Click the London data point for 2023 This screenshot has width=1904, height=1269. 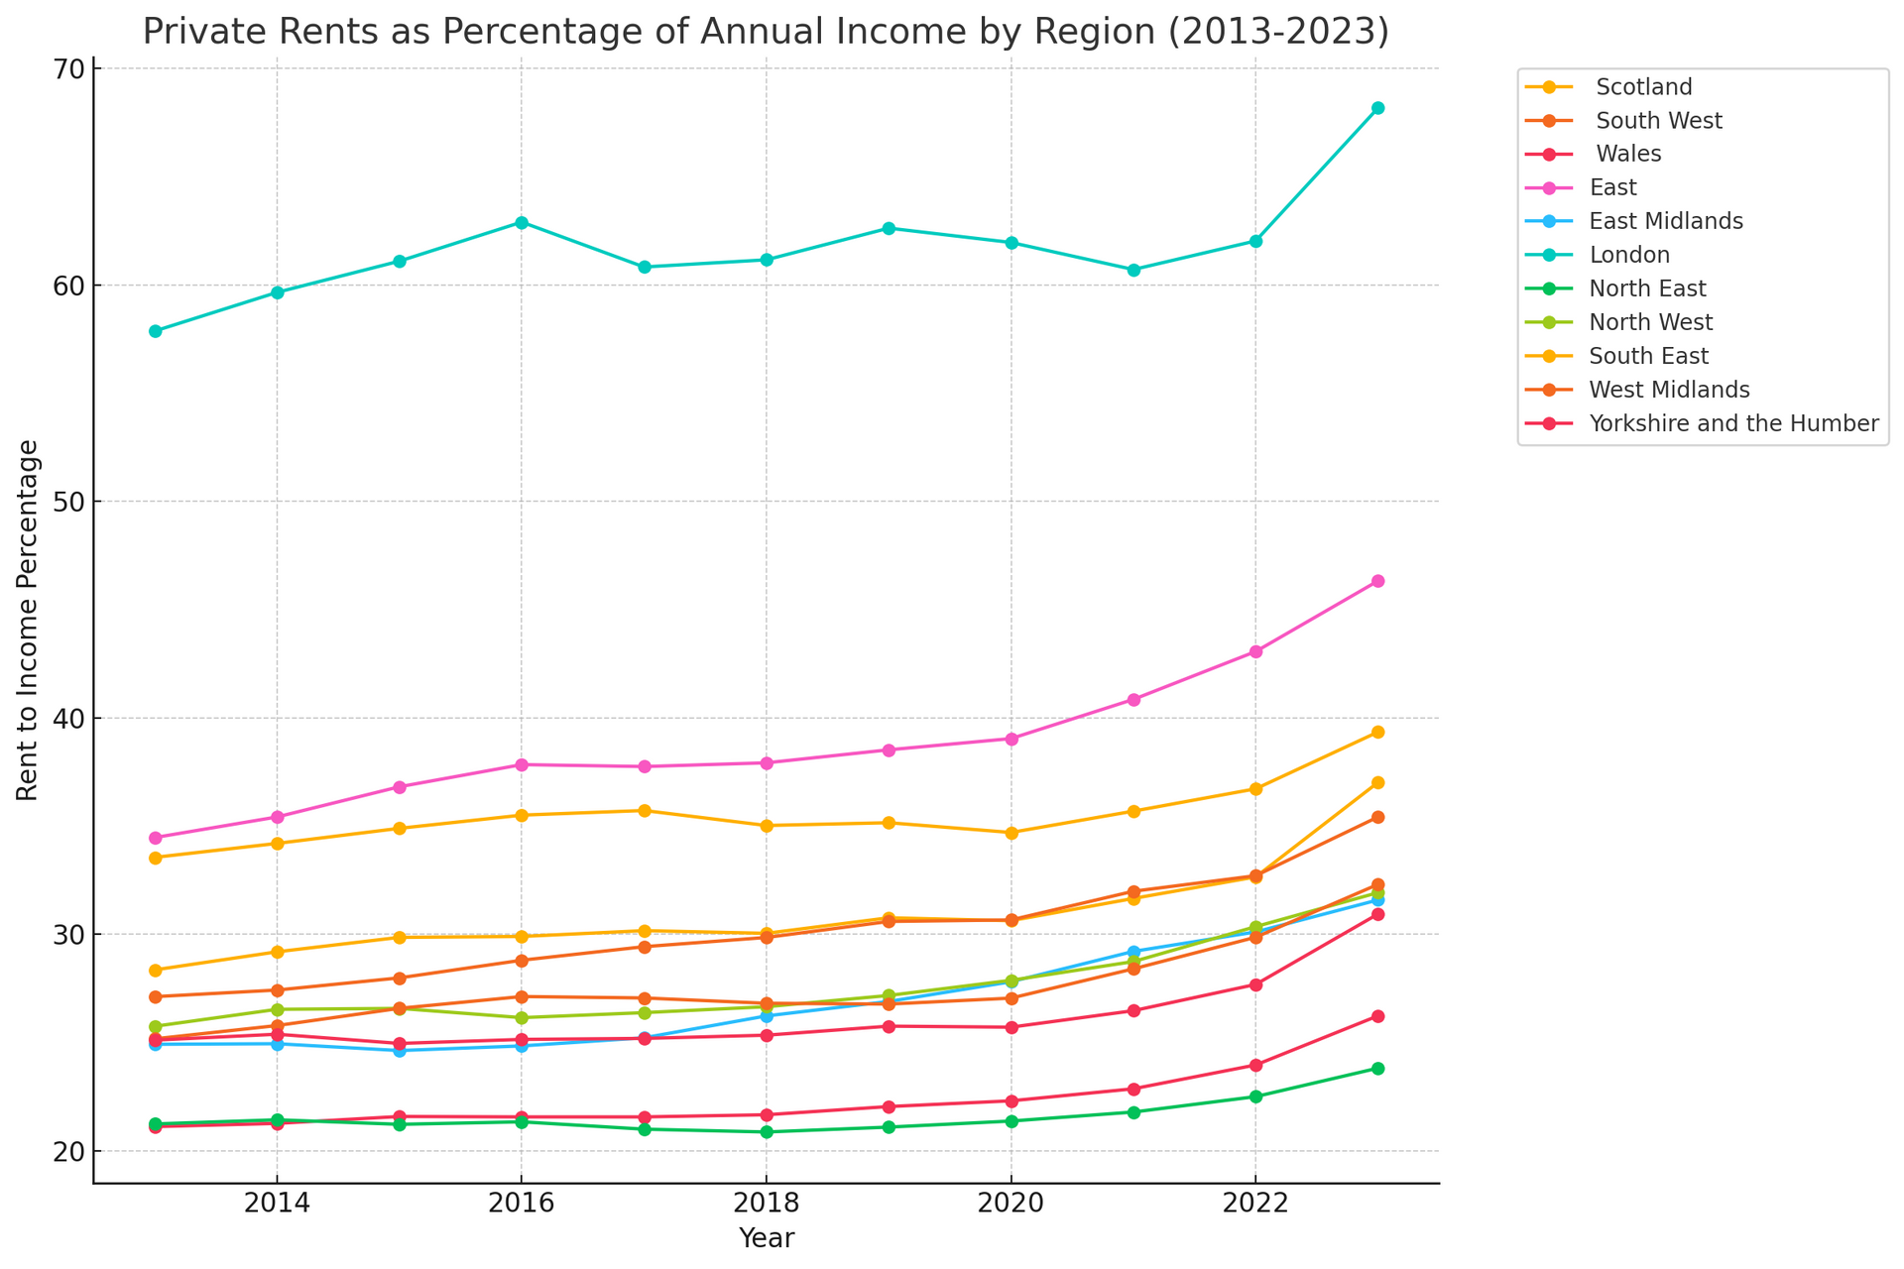[x=1377, y=108]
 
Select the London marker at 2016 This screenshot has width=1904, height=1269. [x=522, y=223]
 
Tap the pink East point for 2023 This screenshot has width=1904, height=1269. [x=1377, y=581]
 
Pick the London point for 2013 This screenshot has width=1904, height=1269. [x=155, y=331]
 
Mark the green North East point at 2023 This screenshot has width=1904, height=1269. [x=1377, y=1068]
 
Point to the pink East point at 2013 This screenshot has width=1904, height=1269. [x=155, y=838]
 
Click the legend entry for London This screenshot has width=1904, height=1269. [x=1628, y=255]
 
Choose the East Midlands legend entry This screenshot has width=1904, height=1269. [x=1665, y=221]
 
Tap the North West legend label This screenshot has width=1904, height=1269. [x=1650, y=322]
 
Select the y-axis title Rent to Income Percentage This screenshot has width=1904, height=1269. [x=28, y=621]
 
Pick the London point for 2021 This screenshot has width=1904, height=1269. [x=1133, y=270]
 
